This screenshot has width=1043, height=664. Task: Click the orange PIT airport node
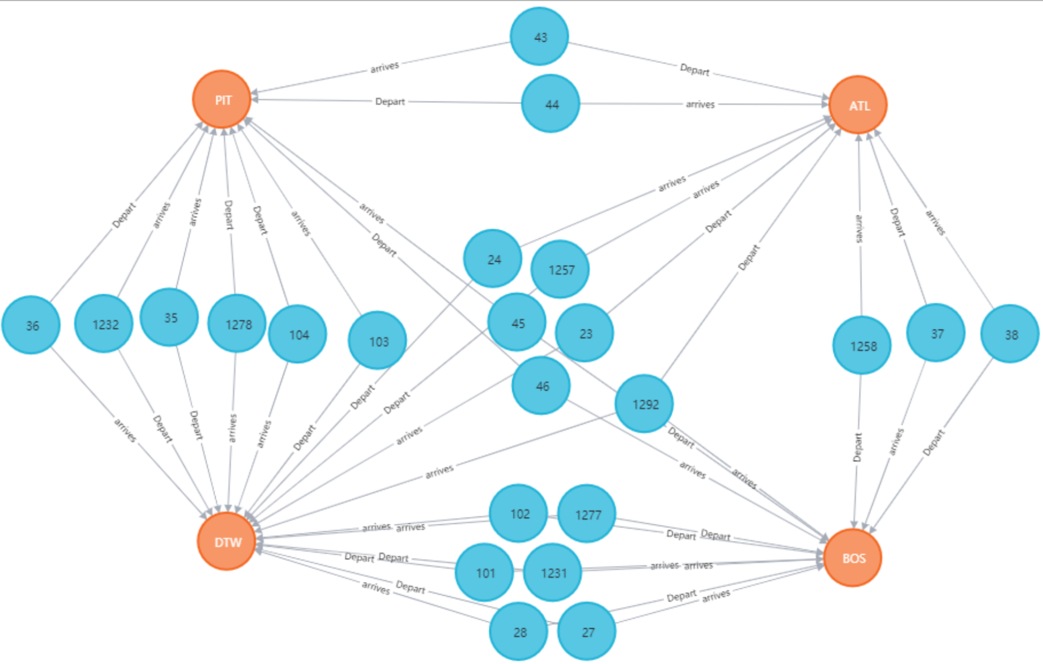coord(222,99)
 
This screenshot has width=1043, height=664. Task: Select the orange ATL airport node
coord(858,105)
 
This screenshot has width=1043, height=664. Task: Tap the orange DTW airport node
coord(227,541)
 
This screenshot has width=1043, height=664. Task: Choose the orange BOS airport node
coord(853,557)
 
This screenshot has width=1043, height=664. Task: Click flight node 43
coord(539,37)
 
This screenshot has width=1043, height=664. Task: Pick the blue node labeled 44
coord(551,104)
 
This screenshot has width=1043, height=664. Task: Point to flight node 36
coord(31,325)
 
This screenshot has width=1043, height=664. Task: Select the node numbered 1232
coord(104,324)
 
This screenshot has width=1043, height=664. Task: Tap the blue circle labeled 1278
coord(237,324)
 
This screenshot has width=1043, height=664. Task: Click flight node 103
coord(378,341)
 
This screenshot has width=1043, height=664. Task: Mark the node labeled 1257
coord(560,269)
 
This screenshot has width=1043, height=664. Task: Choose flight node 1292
coord(644,404)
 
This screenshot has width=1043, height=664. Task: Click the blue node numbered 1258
coord(862,346)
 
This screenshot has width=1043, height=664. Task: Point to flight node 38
coord(1010,334)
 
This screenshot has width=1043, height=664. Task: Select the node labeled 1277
coord(587,514)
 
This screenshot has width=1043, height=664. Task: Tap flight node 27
coord(587,632)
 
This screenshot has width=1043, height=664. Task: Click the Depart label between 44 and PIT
coord(390,101)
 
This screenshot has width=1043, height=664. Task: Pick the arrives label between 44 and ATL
coord(700,104)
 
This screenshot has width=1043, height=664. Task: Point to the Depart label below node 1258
coord(858,447)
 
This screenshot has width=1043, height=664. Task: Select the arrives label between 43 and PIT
coord(384,67)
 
